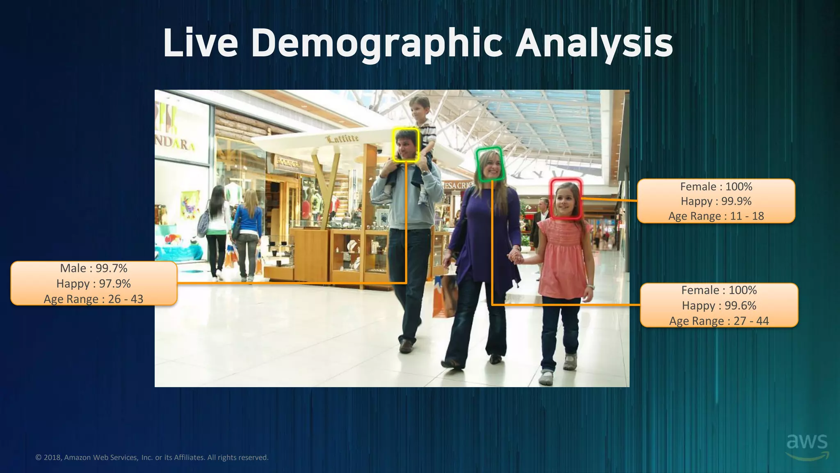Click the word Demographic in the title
[377, 44]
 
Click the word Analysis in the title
[594, 44]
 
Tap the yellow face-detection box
[406, 145]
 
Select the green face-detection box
[490, 164]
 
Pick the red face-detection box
[566, 199]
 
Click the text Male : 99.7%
[94, 268]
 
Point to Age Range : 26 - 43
[94, 299]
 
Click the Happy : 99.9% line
[716, 201]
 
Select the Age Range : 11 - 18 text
[716, 216]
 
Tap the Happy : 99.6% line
[719, 305]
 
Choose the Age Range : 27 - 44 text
[719, 321]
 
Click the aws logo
[807, 445]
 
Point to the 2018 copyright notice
[152, 457]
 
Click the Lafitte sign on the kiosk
[342, 138]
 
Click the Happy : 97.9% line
[94, 284]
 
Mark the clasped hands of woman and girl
[516, 257]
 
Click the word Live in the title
[201, 44]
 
